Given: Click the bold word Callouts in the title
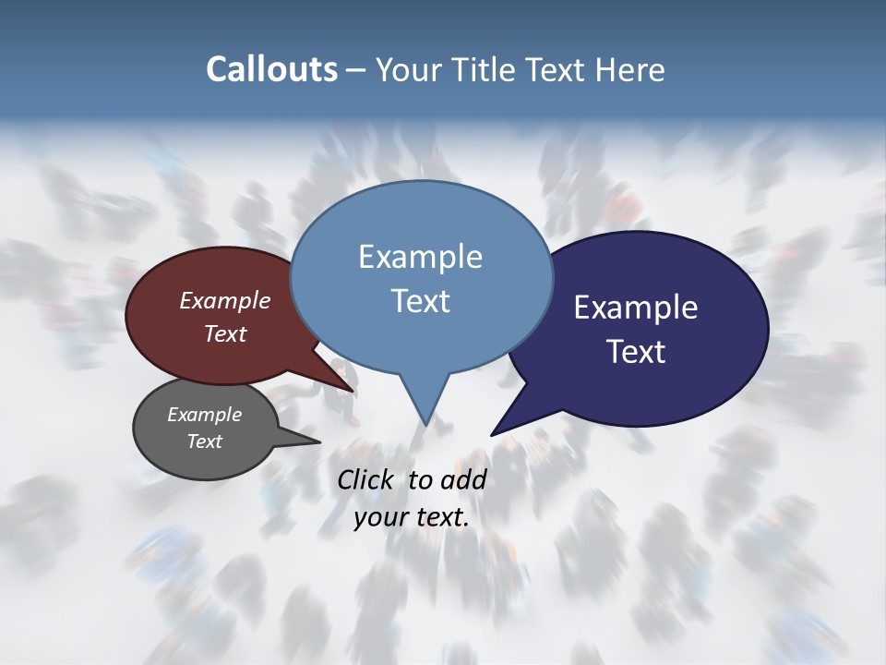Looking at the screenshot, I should point(271,69).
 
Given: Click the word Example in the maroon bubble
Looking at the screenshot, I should point(225,300).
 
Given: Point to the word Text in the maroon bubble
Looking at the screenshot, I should point(225,333).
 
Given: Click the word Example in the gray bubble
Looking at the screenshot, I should point(204,415).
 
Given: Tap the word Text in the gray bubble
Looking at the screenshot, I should point(204,441).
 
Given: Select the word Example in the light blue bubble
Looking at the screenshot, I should point(420,257).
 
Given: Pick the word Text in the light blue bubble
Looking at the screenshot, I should point(420,301).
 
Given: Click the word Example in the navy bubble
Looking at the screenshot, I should point(636,308).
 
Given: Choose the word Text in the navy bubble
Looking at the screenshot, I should point(636,352).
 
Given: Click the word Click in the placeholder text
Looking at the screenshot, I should point(365,479).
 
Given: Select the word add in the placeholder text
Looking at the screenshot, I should point(463,479).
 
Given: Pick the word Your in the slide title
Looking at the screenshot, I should point(410,69).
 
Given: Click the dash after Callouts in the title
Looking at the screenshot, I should point(356,69).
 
